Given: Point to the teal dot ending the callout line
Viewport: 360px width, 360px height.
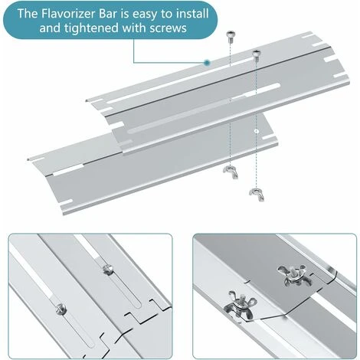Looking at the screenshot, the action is click(x=207, y=62).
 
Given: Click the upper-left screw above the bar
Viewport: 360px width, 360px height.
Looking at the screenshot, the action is click(x=231, y=36).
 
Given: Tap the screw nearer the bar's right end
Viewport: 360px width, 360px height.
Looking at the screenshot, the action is click(x=257, y=55).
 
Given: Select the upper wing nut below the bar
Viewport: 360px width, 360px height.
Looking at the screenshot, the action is click(x=231, y=172).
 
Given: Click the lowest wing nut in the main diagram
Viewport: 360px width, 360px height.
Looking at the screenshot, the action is click(x=257, y=194).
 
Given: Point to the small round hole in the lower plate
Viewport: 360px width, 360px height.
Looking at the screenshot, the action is click(x=257, y=131).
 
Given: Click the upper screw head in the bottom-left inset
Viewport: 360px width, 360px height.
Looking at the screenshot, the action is click(x=107, y=270).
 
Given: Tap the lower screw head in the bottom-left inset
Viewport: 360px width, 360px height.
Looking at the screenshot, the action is click(x=61, y=309).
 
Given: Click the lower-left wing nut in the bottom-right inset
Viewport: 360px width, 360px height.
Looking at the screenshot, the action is click(x=239, y=305).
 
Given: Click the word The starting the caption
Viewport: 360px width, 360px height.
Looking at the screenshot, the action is click(x=28, y=13).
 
